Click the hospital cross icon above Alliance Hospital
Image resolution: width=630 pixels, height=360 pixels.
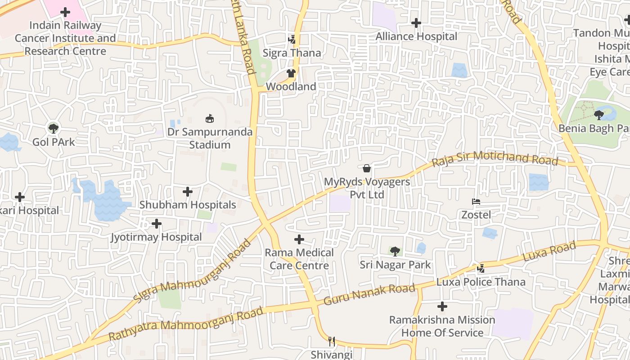coord(416,22)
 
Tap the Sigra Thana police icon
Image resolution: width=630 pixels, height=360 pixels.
coord(292,39)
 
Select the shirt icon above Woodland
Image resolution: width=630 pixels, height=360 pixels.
coord(291,73)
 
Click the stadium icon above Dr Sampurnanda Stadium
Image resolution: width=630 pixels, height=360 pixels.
coord(209,119)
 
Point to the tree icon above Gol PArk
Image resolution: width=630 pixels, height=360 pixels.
coord(54,128)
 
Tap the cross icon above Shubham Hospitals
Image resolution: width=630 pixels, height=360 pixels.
coord(188,192)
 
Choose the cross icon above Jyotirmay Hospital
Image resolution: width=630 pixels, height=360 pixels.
coord(157,224)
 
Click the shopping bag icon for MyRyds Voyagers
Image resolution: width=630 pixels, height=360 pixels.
coord(367,168)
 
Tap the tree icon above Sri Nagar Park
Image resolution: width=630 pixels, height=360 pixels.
coord(395,251)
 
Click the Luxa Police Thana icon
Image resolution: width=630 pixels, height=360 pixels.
coord(481,268)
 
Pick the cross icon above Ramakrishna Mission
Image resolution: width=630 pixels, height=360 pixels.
coord(442,306)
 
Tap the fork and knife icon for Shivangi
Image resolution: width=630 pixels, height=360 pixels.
coord(332,341)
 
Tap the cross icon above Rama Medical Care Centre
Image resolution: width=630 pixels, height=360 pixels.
coord(299,239)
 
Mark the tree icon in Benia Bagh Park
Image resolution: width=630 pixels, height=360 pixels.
coord(599,115)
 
